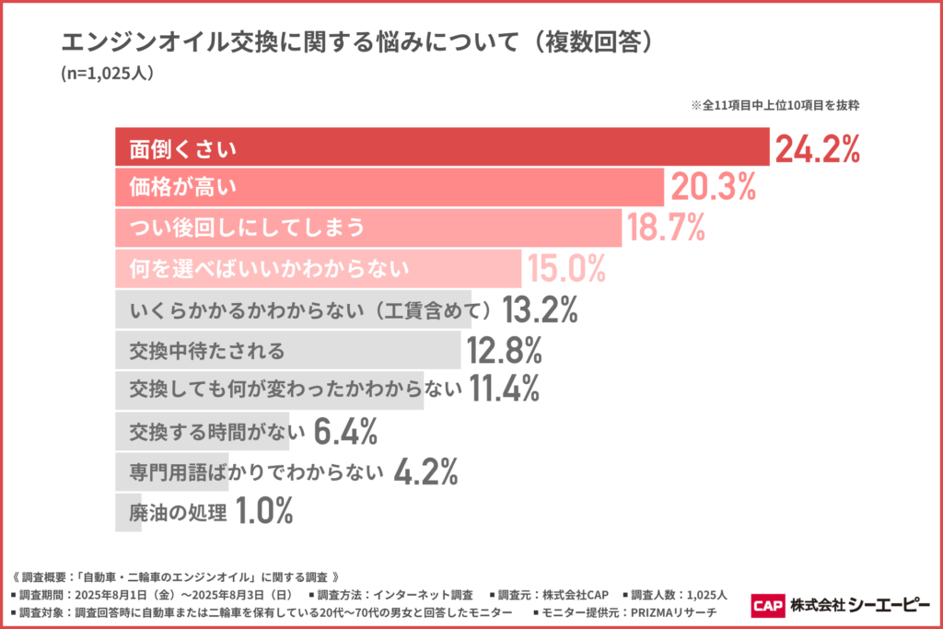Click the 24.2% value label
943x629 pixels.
pos(818,148)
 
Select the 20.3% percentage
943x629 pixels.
pos(713,188)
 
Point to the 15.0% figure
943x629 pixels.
pos(565,268)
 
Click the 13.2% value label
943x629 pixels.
pos(541,310)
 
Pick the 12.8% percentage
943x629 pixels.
pos(505,351)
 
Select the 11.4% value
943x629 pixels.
pos(503,390)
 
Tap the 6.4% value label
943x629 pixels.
pos(345,430)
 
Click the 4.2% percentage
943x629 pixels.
pos(425,472)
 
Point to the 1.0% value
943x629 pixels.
pos(264,511)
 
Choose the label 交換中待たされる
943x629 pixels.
pos(207,351)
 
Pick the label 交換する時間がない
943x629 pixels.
pos(216,431)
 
